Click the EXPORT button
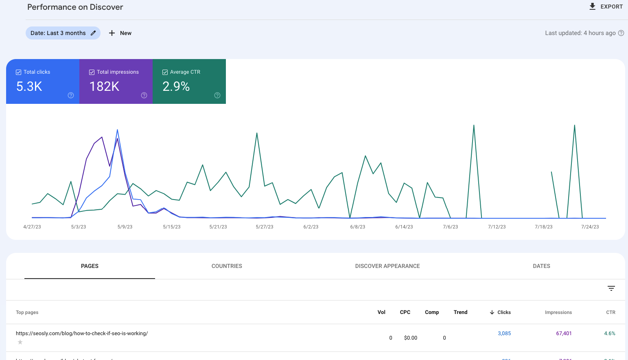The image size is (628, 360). (x=606, y=7)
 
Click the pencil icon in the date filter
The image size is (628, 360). (x=93, y=33)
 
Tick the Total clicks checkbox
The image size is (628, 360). (x=18, y=72)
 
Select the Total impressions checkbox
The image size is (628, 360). (x=92, y=72)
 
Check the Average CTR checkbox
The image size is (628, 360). (x=165, y=72)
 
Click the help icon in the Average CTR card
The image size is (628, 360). (x=217, y=95)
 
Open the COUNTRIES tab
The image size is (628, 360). (x=227, y=266)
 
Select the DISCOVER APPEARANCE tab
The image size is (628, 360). (x=387, y=266)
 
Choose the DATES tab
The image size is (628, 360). (x=541, y=266)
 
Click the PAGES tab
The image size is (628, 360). (x=90, y=266)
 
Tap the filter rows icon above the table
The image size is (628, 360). (x=611, y=288)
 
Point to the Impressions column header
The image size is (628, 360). (x=558, y=312)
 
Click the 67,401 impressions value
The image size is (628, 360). (x=564, y=333)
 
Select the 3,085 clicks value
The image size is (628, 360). (x=504, y=333)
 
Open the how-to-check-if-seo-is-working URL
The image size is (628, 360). (x=82, y=333)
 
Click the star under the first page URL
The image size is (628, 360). (x=20, y=342)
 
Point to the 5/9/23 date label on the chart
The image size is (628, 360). (x=125, y=227)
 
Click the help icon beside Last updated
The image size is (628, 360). (x=621, y=33)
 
